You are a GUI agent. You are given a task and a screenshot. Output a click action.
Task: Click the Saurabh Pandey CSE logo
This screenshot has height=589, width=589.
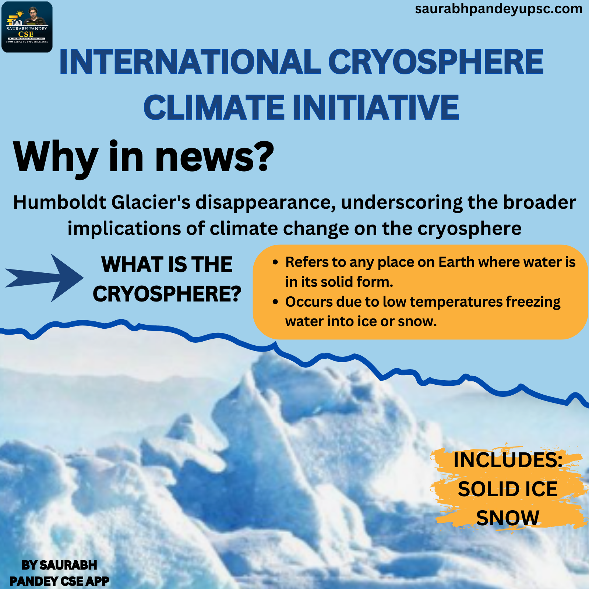[x=27, y=27]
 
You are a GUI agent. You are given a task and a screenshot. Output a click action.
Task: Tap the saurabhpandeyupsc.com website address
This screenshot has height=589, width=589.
[x=498, y=9]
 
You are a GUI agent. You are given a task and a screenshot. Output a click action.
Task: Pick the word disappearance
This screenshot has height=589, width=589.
[x=265, y=203]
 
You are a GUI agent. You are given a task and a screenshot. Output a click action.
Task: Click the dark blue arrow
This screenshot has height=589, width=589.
[x=44, y=278]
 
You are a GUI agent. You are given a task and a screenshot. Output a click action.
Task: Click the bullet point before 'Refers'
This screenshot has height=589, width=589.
[x=275, y=262]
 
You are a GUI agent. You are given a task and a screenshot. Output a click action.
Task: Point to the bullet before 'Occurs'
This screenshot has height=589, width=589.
[x=275, y=302]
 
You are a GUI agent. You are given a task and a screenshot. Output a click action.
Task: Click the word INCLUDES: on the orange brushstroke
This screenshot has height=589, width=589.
[x=508, y=460]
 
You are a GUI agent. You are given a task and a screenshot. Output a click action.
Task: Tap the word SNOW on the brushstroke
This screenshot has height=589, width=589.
[x=508, y=518]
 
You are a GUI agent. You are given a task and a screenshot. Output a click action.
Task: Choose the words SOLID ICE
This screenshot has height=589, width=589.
[x=508, y=489]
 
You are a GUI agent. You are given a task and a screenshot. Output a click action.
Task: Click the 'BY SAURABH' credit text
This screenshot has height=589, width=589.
[x=59, y=565]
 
